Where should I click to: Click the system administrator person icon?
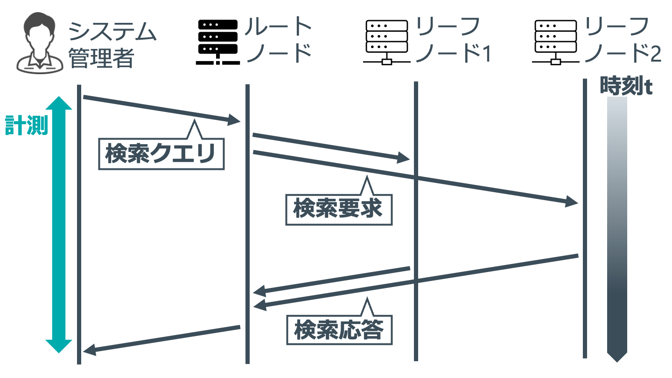pos(40,42)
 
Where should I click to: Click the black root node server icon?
pos(218,42)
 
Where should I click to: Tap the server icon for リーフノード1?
pos(387,42)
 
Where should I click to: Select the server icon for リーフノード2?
pos(556,42)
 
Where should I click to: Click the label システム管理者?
pos(112,45)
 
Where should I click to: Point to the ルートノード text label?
pos(279,40)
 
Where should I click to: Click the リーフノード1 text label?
pos(453,40)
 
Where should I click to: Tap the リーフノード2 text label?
pos(623,40)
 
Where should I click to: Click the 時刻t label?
pos(626,86)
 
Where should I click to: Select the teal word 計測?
pos(27,126)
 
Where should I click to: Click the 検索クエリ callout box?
pos(161,154)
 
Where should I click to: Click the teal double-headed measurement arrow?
pos(59,224)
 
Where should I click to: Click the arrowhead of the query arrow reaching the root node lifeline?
pos(234,120)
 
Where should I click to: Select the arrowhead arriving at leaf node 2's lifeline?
pos(572,201)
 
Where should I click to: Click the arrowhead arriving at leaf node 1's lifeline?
pos(403,158)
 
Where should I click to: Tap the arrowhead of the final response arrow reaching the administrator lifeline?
pos(90,350)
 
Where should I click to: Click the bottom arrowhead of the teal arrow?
pos(59,346)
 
